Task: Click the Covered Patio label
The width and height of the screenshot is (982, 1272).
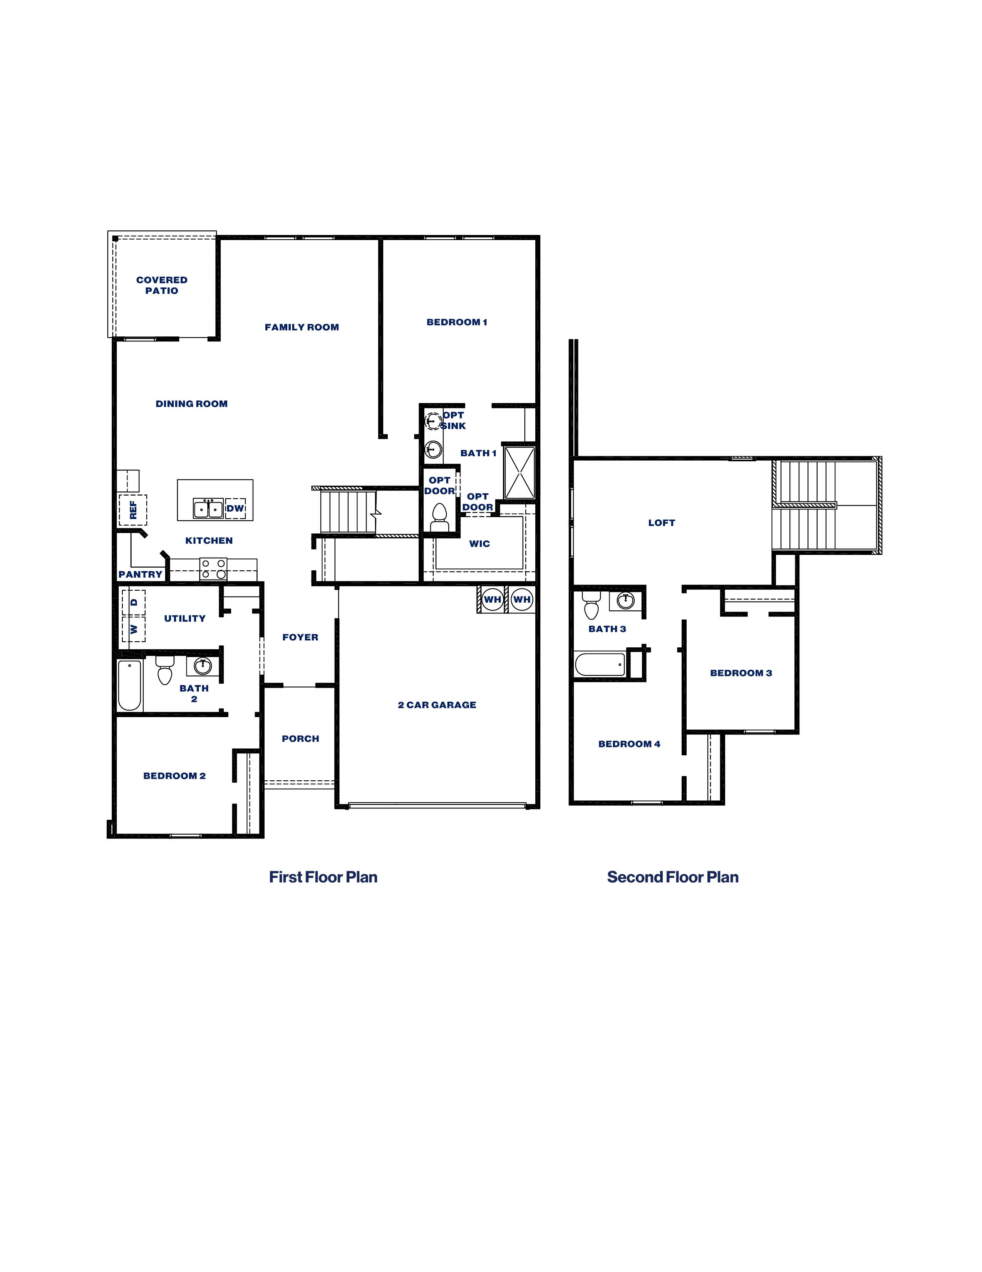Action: pyautogui.click(x=162, y=285)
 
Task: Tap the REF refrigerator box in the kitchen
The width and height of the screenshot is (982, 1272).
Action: pyautogui.click(x=133, y=510)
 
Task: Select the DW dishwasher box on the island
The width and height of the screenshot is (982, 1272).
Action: pyautogui.click(x=235, y=508)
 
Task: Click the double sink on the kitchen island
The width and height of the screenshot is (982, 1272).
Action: pyautogui.click(x=208, y=508)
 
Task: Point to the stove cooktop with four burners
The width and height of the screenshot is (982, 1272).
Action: pyautogui.click(x=213, y=569)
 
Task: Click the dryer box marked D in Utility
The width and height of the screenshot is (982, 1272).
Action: pyautogui.click(x=134, y=603)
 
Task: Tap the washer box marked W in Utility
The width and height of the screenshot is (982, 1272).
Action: pyautogui.click(x=134, y=629)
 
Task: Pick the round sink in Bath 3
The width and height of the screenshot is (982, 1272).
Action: pyautogui.click(x=626, y=600)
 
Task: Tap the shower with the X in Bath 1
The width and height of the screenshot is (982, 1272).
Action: pyautogui.click(x=519, y=472)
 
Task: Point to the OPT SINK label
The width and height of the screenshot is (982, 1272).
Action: pyautogui.click(x=453, y=420)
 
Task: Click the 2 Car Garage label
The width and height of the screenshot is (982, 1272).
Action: pyautogui.click(x=437, y=705)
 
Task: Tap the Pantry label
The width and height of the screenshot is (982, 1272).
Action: pyautogui.click(x=140, y=574)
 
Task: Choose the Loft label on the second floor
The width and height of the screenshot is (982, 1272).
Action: pyautogui.click(x=661, y=523)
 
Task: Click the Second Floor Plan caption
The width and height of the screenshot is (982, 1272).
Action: pyautogui.click(x=672, y=877)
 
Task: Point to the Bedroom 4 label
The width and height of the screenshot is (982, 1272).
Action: pyautogui.click(x=629, y=744)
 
